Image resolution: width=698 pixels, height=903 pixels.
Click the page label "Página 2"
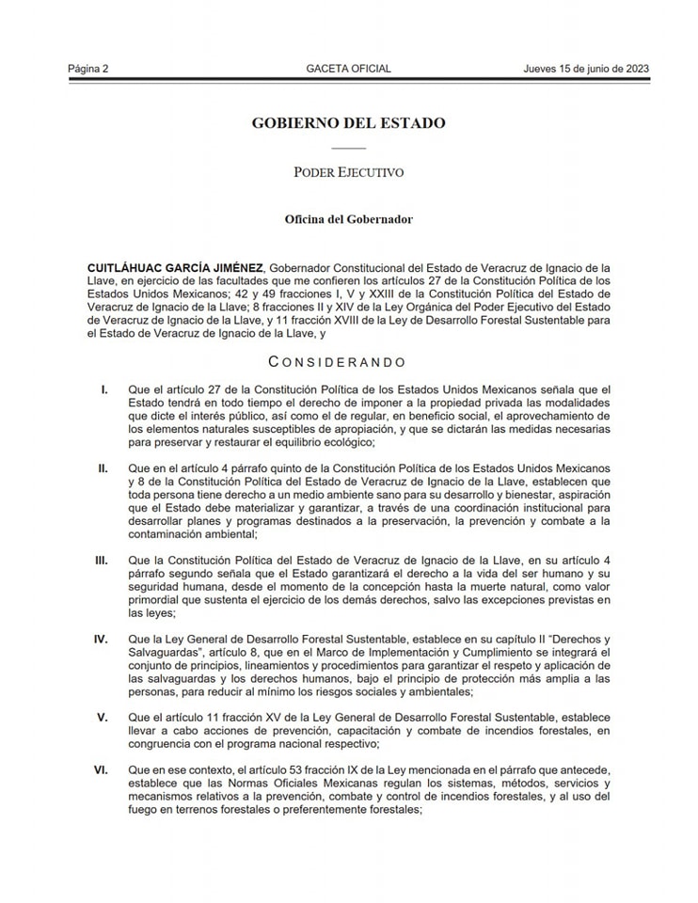[88, 69]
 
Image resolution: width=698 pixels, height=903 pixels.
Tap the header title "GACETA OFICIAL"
[348, 69]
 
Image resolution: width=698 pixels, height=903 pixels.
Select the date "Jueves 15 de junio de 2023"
[587, 69]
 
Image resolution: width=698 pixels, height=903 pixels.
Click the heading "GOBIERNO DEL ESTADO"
[348, 123]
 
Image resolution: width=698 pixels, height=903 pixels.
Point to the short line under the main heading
[348, 149]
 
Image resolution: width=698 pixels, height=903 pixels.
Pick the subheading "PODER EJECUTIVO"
[348, 172]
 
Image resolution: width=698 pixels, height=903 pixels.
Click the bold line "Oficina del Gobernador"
[348, 219]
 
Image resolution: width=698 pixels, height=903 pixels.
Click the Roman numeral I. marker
[104, 389]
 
